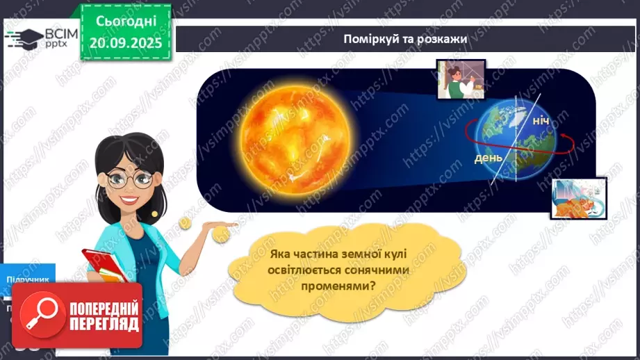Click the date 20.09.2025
[x=125, y=42]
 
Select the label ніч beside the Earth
[x=541, y=122]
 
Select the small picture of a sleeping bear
[x=578, y=199]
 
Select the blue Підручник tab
[x=28, y=279]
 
